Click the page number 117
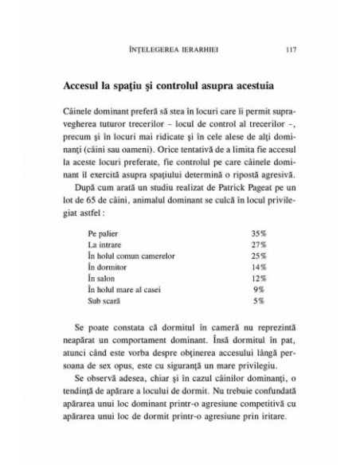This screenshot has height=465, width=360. [x=291, y=49]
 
